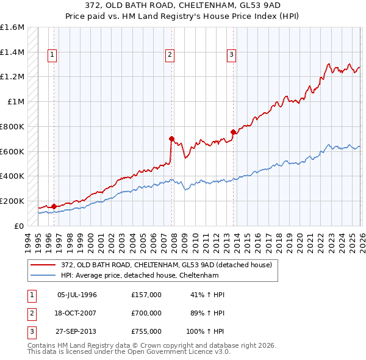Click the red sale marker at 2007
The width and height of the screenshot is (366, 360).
click(171, 139)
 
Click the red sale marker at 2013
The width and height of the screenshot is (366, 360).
click(233, 132)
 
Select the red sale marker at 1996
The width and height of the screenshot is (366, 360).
click(54, 206)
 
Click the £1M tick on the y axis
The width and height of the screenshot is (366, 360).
click(16, 102)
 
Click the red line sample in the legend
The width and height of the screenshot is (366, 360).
click(44, 264)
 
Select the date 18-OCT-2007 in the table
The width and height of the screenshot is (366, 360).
click(77, 312)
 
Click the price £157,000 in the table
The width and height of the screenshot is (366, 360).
click(146, 294)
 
